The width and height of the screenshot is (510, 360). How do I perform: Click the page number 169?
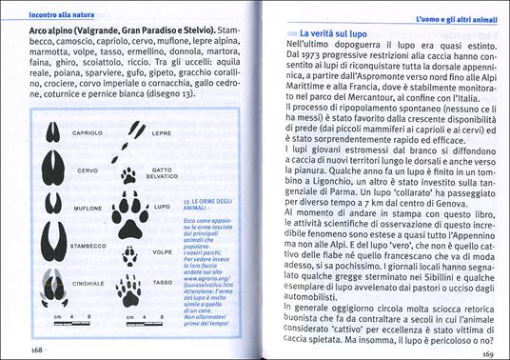click(483, 350)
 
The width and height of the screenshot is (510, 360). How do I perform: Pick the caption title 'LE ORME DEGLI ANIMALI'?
click(213, 207)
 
